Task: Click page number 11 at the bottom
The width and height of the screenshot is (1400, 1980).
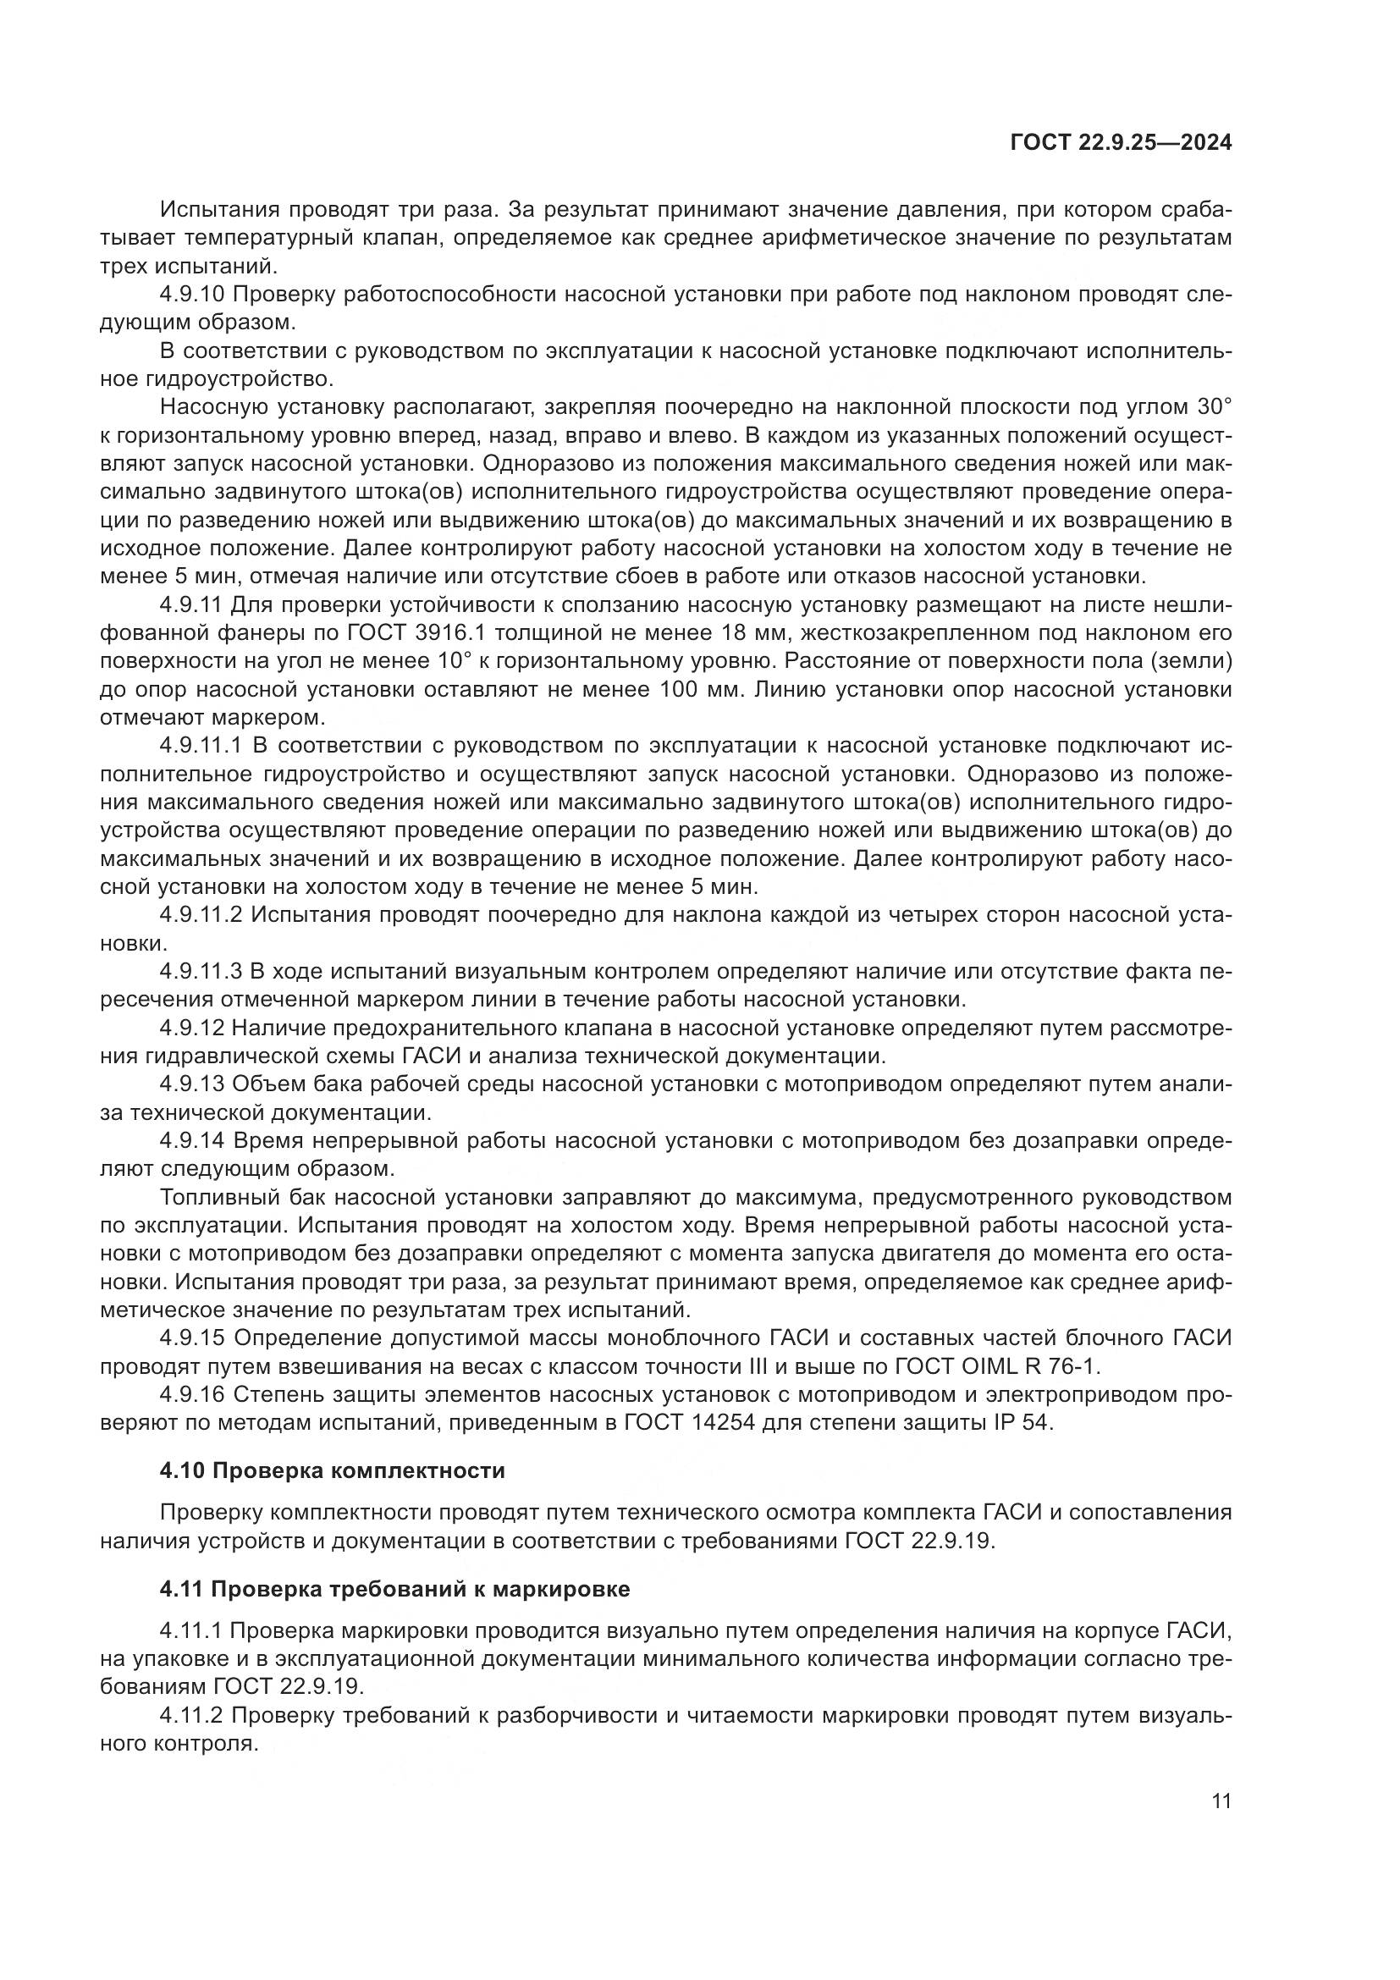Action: click(x=1221, y=1801)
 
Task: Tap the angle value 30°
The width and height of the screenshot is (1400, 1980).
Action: click(x=1214, y=407)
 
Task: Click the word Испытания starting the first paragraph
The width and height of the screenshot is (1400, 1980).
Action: click(x=220, y=210)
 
